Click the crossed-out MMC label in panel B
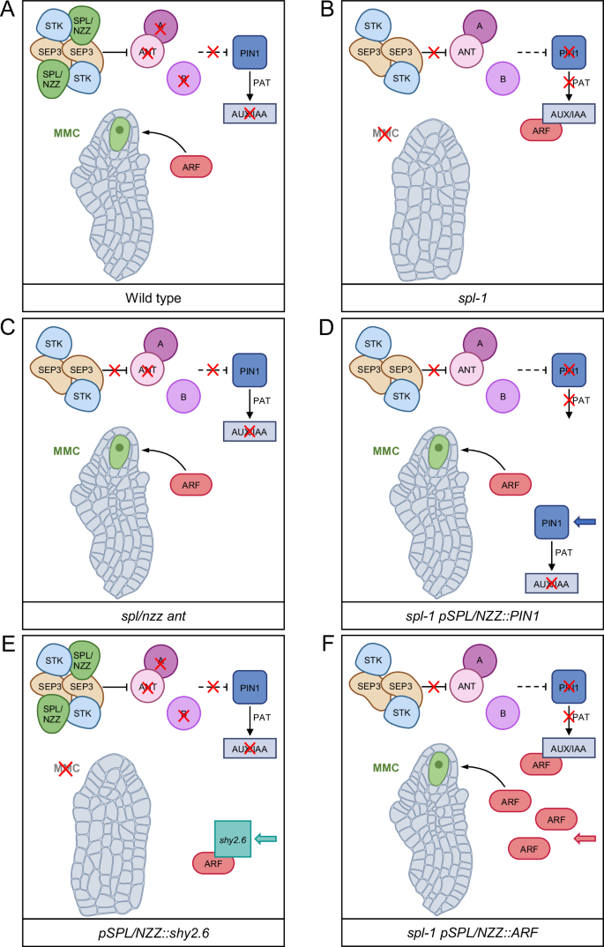384,134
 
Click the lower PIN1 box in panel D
551,524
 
